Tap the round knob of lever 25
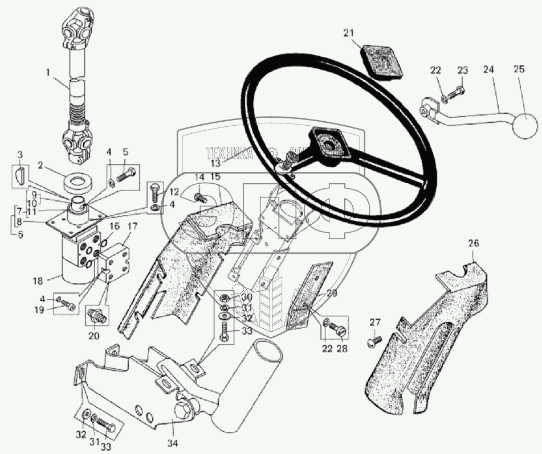point(525,126)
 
